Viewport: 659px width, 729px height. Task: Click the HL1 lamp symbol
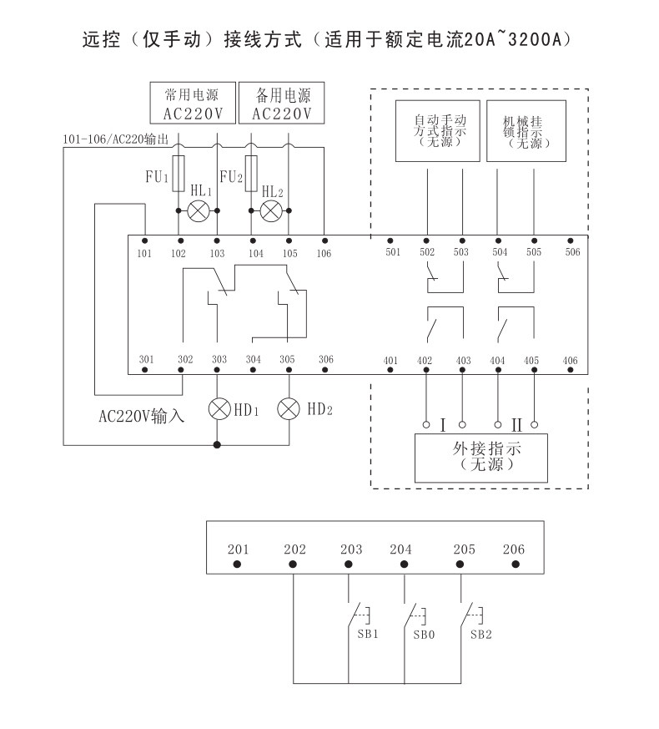[x=199, y=210]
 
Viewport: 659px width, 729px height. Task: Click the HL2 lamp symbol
[x=271, y=211]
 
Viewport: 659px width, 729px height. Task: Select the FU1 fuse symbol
[x=179, y=174]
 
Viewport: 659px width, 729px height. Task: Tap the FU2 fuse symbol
[x=251, y=174]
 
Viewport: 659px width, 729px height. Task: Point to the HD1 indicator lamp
[x=219, y=408]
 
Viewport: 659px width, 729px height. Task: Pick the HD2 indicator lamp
[x=289, y=408]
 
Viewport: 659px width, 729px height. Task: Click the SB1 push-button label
[x=367, y=634]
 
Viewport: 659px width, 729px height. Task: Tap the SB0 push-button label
[x=424, y=635]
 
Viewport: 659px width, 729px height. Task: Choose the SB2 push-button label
[x=480, y=635]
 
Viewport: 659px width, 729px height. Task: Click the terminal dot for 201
[x=237, y=564]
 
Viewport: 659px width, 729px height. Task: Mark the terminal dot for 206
[x=515, y=564]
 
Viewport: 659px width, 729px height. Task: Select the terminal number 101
[x=144, y=253]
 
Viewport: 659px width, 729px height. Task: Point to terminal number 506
[x=572, y=252]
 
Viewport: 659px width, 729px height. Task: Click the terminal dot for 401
[x=390, y=370]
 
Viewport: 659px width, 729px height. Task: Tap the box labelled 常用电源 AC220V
[x=193, y=103]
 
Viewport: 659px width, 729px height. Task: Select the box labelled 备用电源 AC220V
[x=281, y=103]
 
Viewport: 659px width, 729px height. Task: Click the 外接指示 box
[x=480, y=458]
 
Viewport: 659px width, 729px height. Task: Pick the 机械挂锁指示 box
[x=526, y=130]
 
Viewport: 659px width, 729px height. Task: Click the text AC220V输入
[x=141, y=416]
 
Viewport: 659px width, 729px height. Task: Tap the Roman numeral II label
[x=516, y=424]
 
